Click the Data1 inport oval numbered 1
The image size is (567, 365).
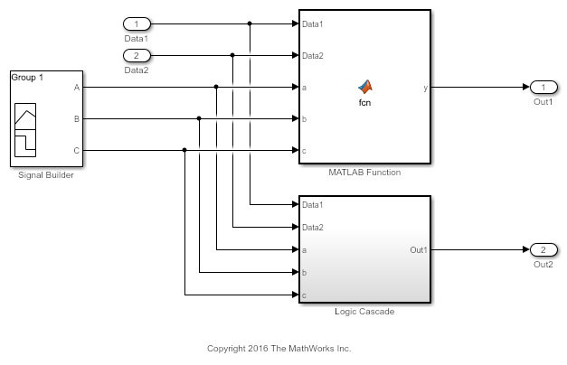[136, 23]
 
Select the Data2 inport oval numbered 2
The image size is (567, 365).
[136, 56]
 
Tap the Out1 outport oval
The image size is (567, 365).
[543, 87]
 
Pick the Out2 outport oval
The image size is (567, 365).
[543, 249]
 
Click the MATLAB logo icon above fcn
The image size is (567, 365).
[365, 86]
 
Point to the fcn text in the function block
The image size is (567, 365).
[365, 102]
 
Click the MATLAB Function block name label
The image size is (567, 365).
[364, 172]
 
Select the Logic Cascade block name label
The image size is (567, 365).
[364, 312]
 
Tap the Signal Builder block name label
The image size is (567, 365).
[46, 175]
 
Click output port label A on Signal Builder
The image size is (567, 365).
[77, 88]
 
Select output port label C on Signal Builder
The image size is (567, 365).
[77, 150]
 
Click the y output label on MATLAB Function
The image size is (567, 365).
[426, 88]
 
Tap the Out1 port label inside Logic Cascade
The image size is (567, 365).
[419, 250]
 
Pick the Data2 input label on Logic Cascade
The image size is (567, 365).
[313, 228]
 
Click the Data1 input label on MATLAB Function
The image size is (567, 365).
[313, 23]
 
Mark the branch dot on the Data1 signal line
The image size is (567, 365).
[250, 23]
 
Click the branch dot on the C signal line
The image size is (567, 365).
[184, 150]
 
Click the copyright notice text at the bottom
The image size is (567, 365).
[279, 348]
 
